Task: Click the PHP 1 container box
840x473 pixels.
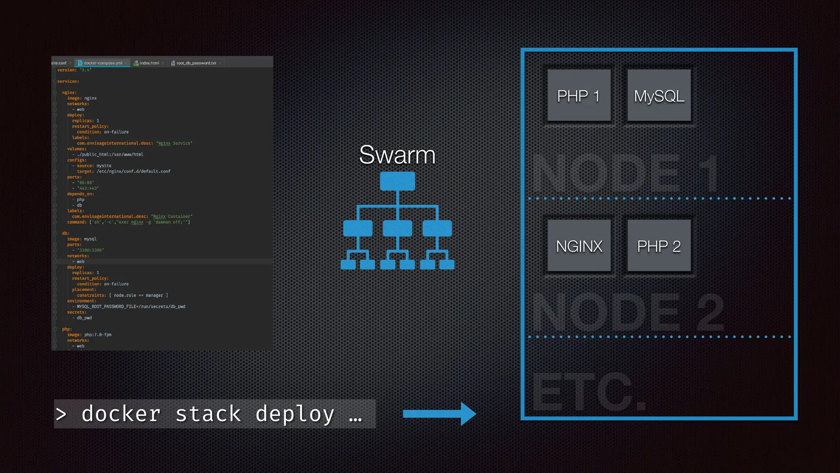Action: point(579,96)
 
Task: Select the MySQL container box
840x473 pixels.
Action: point(659,96)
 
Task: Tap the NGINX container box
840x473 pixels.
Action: point(579,246)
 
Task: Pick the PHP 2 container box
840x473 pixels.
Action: point(659,246)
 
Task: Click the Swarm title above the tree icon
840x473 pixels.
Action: point(397,155)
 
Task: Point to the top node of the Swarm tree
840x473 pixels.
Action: point(397,181)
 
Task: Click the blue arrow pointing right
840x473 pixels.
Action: point(439,413)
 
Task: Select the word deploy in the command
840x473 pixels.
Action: point(294,414)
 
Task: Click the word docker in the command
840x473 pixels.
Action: point(121,414)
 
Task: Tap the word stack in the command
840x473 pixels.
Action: point(208,414)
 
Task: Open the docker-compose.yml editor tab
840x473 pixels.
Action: point(103,63)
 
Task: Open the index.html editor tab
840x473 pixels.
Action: point(149,63)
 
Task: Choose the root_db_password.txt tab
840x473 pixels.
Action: point(196,63)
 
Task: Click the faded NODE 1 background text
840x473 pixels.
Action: point(625,172)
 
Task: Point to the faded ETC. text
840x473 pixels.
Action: point(589,392)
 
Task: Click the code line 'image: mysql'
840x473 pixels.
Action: point(82,239)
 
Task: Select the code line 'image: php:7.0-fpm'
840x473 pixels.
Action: point(89,335)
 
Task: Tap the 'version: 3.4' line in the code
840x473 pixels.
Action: point(74,70)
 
